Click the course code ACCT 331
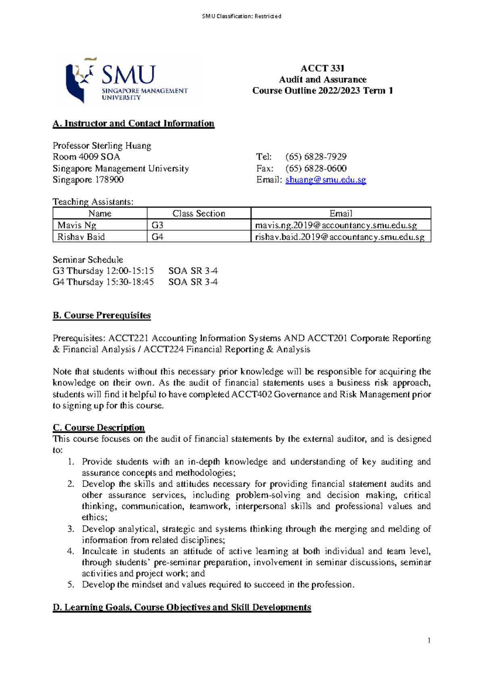click(x=322, y=68)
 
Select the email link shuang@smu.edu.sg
click(x=325, y=180)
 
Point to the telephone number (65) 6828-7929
click(x=316, y=156)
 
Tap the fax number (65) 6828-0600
click(x=316, y=168)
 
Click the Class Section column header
click(x=198, y=213)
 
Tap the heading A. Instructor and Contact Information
click(x=134, y=123)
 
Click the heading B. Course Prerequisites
click(x=102, y=315)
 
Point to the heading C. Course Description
click(x=99, y=427)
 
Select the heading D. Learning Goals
click(x=182, y=607)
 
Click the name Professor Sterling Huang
click(x=102, y=146)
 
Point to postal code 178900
click(x=109, y=180)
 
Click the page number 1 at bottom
click(x=429, y=641)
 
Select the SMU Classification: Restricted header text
click(x=242, y=16)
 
